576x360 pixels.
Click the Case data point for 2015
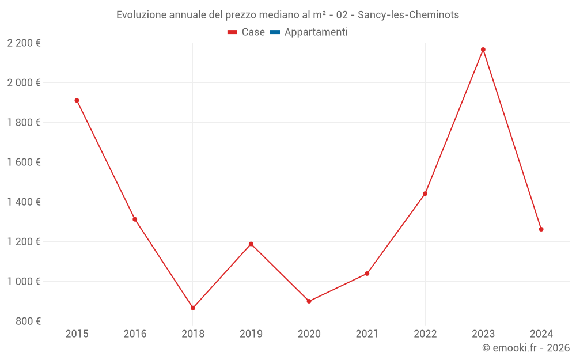pyautogui.click(x=77, y=100)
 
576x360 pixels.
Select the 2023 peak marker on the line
pyautogui.click(x=483, y=50)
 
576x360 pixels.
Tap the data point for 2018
pyautogui.click(x=193, y=308)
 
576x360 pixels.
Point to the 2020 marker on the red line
pyautogui.click(x=309, y=301)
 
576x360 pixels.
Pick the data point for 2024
pyautogui.click(x=541, y=229)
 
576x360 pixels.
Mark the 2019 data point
pyautogui.click(x=251, y=244)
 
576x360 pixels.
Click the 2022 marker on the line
pyautogui.click(x=425, y=194)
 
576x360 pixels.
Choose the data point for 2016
pyautogui.click(x=135, y=219)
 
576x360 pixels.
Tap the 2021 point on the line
pyautogui.click(x=367, y=274)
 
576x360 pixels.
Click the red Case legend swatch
pyautogui.click(x=233, y=32)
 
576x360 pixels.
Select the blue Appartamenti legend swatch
pyautogui.click(x=275, y=32)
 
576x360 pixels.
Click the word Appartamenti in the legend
pyautogui.click(x=316, y=32)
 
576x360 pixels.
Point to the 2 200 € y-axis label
pyautogui.click(x=24, y=43)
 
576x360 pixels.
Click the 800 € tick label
pyautogui.click(x=29, y=321)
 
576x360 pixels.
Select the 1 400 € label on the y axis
pyautogui.click(x=24, y=202)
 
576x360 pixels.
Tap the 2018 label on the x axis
pyautogui.click(x=193, y=334)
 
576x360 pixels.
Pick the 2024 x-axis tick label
pyautogui.click(x=541, y=334)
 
